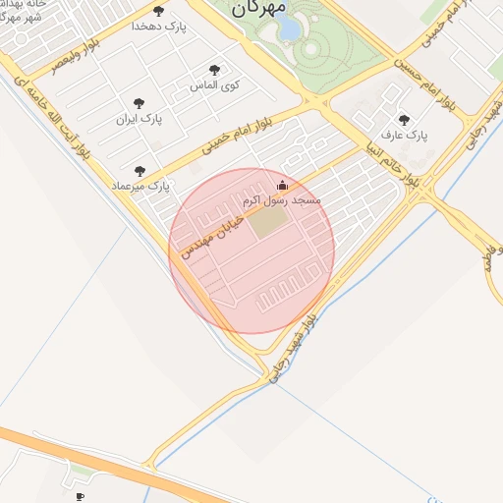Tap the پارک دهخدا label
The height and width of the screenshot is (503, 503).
(156, 27)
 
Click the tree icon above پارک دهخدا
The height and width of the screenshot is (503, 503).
(158, 11)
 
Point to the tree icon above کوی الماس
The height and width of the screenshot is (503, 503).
(214, 70)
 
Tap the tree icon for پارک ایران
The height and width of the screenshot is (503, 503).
(139, 101)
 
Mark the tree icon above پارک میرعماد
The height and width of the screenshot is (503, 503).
(139, 170)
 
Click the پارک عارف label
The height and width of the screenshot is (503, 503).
(405, 135)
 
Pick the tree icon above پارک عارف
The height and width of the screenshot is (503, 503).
(404, 120)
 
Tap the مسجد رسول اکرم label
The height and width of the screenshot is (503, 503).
(282, 199)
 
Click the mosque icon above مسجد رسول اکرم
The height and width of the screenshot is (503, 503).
(283, 184)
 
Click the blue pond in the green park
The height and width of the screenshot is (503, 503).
(291, 29)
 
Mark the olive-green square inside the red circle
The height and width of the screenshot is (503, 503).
(263, 222)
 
